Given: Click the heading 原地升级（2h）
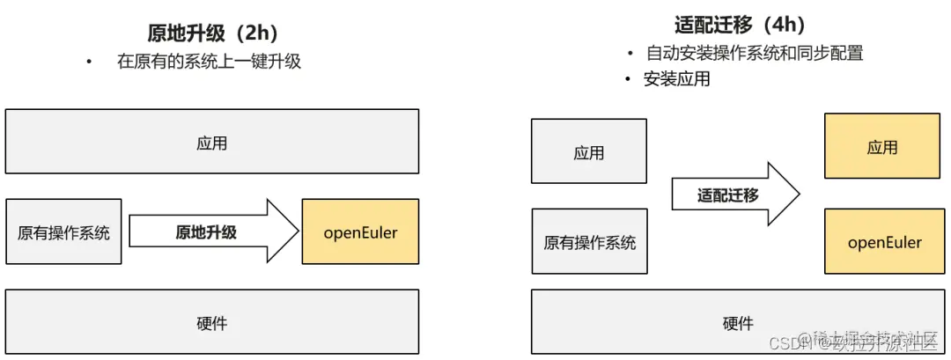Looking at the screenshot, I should pyautogui.click(x=212, y=33).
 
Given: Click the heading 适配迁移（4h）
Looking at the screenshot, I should pyautogui.click(x=740, y=25).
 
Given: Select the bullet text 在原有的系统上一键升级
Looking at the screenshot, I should pyautogui.click(x=209, y=62).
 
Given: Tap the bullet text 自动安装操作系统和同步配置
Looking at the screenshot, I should pyautogui.click(x=753, y=53).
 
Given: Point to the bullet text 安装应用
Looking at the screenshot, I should pyautogui.click(x=676, y=79).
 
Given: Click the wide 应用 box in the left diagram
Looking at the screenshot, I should pyautogui.click(x=211, y=142).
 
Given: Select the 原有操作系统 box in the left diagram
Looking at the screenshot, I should pyautogui.click(x=64, y=232).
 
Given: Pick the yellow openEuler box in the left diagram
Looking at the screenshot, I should pyautogui.click(x=360, y=232).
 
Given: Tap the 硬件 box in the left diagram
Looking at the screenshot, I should pyautogui.click(x=211, y=323).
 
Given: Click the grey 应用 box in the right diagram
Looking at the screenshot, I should pyautogui.click(x=589, y=151).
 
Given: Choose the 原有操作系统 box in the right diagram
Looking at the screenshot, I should pyautogui.click(x=589, y=241).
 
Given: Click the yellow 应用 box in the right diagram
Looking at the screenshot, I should pyautogui.click(x=881, y=146).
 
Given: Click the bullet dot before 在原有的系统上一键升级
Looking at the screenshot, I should pyautogui.click(x=88, y=62).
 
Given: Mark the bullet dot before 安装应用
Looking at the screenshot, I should pyautogui.click(x=628, y=80).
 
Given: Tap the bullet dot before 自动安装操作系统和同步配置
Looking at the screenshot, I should pyautogui.click(x=628, y=54).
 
